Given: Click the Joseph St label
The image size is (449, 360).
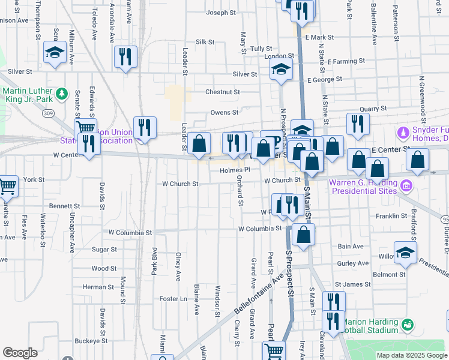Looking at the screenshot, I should coord(218,13).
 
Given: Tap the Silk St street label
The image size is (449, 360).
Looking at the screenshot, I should coord(205,42).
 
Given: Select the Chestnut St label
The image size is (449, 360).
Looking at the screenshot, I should coord(222,92).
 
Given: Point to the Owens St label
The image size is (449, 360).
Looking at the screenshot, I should coord(224,112).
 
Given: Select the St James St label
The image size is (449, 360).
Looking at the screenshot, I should coord(349,284).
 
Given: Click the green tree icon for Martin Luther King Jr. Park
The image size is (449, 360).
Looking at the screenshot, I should coord(61,94).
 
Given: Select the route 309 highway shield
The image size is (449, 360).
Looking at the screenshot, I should coord(49,113).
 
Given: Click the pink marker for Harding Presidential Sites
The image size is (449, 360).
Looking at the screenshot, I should coord(408,185).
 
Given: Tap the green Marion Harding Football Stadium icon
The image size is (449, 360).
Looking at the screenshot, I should coord(408,325).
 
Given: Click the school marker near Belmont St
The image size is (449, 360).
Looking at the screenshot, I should coord(405,253).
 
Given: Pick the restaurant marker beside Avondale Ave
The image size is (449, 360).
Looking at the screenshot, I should coord(125,57).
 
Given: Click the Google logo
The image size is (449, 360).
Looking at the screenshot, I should coord(20,353).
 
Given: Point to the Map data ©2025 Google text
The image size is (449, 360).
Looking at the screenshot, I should coord(411,355).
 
